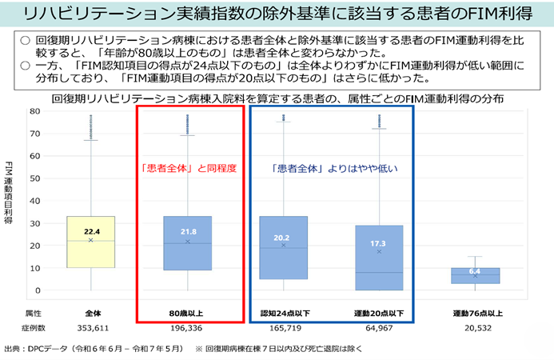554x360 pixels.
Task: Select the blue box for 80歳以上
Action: (188, 256)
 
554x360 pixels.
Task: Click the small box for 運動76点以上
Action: (475, 276)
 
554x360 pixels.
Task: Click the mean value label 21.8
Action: (188, 231)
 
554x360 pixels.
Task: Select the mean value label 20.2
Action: (283, 237)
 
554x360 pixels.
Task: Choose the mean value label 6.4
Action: (475, 271)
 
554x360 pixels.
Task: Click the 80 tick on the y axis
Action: (35, 111)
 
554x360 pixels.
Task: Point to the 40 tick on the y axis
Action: (35, 201)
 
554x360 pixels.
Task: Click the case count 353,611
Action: (90, 328)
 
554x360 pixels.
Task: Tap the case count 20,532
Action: (475, 328)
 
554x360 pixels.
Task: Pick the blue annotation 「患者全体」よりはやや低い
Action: (332, 169)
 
